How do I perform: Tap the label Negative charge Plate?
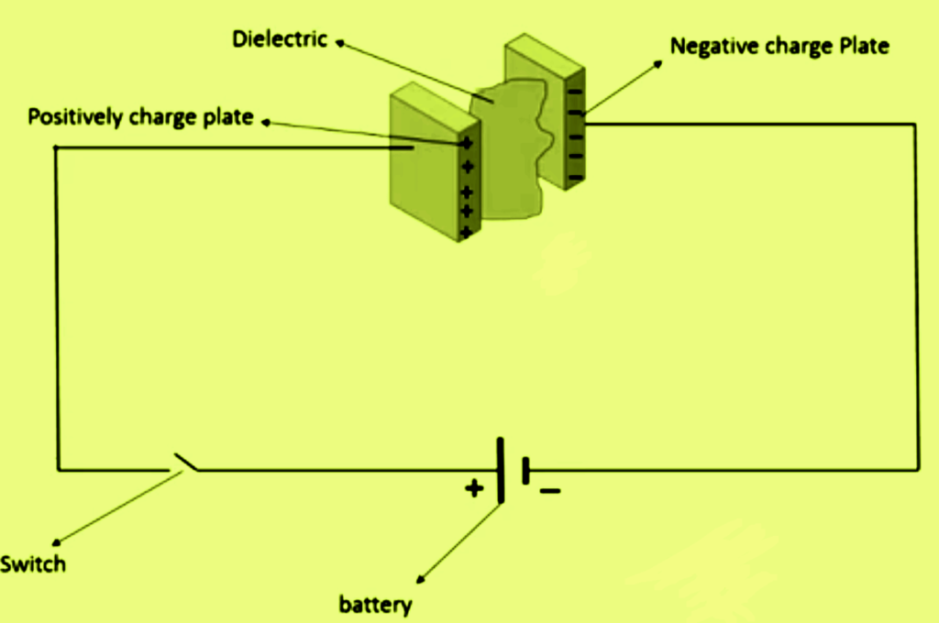click(779, 46)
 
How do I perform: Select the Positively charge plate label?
click(139, 118)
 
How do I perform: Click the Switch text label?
click(33, 563)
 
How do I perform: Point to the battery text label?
click(375, 605)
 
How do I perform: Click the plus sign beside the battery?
click(473, 488)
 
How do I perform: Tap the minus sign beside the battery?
click(549, 491)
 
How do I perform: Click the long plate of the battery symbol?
click(501, 470)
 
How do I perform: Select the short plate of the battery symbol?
click(525, 471)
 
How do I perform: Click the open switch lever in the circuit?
click(184, 463)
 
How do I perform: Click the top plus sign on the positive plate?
click(467, 143)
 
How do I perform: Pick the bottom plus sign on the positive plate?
click(467, 231)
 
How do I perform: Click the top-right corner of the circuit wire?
click(915, 123)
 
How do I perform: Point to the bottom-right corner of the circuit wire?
click(915, 470)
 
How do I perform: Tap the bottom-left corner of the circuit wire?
click(58, 469)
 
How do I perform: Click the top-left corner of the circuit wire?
click(57, 148)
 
